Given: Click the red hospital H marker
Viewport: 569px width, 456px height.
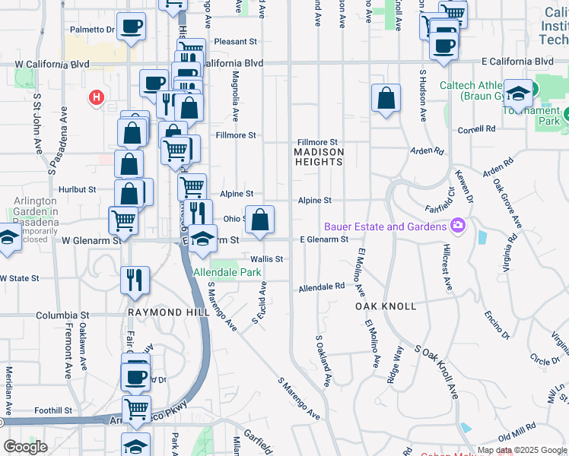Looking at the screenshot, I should tap(97, 97).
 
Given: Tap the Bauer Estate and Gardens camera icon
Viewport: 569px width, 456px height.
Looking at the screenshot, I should tap(457, 226).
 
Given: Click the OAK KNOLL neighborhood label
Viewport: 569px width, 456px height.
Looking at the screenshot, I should tap(386, 306).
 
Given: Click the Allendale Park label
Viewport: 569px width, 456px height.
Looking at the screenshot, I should tap(227, 272).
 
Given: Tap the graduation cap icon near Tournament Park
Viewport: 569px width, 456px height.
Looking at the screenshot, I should tap(517, 93).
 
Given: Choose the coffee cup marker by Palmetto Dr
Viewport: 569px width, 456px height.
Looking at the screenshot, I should tap(131, 27).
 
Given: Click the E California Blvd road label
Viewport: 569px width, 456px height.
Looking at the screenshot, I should tap(517, 61).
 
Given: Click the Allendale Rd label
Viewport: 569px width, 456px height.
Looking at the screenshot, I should tap(321, 288).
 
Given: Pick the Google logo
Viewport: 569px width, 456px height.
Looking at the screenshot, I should tap(25, 447).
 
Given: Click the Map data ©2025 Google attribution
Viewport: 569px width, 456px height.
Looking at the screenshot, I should tap(521, 450).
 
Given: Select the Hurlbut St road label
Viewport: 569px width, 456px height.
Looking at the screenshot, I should tap(76, 189).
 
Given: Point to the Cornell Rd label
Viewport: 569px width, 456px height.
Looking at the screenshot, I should tap(476, 130).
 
